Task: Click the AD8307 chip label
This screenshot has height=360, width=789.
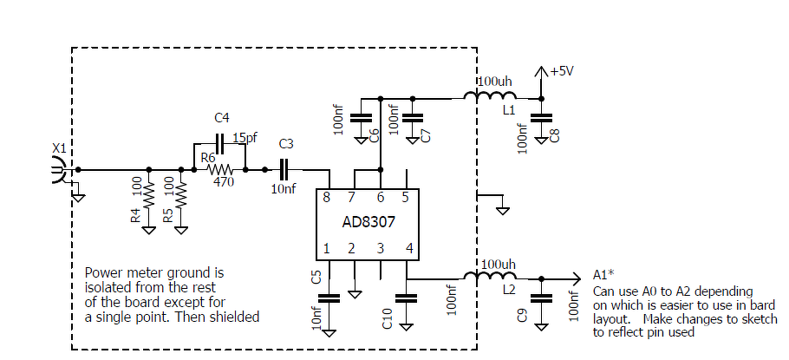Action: [368, 222]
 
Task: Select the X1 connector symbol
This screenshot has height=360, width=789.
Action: [59, 170]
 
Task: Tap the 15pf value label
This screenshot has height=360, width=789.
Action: [245, 138]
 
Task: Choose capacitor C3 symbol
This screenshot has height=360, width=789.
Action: [286, 170]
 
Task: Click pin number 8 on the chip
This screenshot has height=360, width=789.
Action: [326, 198]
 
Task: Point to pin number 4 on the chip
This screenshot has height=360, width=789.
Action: [409, 249]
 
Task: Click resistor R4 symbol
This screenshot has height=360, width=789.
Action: [149, 199]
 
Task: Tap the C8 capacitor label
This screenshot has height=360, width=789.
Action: [555, 135]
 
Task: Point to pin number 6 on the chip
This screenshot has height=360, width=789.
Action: [381, 198]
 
